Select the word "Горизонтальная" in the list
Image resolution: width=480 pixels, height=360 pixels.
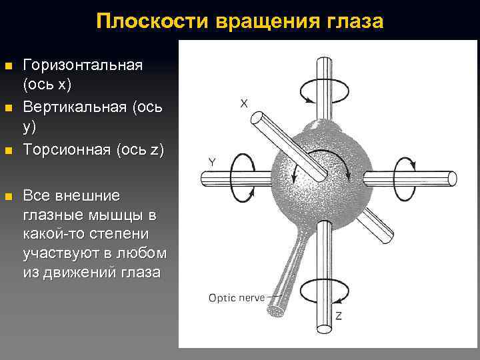click(83, 66)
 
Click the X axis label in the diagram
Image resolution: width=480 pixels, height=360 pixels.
click(244, 103)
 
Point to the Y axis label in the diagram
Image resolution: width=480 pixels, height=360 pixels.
click(211, 162)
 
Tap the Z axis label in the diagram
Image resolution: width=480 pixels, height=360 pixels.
click(339, 315)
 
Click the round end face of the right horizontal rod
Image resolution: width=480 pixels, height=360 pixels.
click(452, 179)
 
